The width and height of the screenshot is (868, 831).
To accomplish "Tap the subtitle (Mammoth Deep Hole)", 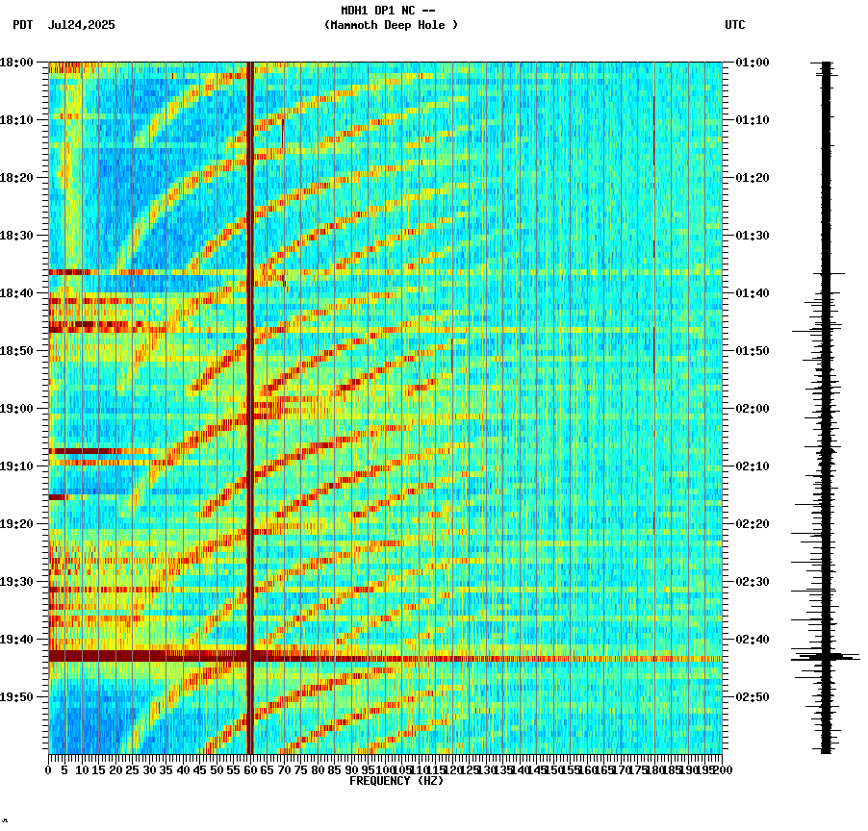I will point(391,25).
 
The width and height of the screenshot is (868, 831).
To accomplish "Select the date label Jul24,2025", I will point(81,25).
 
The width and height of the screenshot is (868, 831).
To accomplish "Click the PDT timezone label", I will point(23,25).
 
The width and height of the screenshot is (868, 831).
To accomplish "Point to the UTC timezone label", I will point(734,25).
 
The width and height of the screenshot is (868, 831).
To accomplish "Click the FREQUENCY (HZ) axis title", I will point(396,781).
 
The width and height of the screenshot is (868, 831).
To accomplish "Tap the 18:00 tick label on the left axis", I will point(16,63).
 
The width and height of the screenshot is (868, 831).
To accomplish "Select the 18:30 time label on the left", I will point(16,236).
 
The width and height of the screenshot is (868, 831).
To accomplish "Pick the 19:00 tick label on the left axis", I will point(16,409).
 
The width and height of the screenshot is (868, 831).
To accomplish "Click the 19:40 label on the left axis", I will point(16,640).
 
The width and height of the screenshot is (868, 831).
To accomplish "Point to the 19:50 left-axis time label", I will point(16,697).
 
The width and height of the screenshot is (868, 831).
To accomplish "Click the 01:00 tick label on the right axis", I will point(752,63).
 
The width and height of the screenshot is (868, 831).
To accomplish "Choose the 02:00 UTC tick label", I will point(752,409).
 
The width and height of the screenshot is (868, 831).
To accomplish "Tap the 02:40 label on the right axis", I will point(752,640).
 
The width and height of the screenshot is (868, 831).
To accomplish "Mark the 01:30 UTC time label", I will point(752,236).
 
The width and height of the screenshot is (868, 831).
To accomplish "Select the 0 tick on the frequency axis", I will point(49,770).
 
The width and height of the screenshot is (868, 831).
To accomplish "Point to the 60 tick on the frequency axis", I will point(251,770).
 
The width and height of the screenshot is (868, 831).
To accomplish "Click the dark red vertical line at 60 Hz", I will point(250,385).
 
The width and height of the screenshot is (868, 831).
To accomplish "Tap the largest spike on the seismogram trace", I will point(826,658).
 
